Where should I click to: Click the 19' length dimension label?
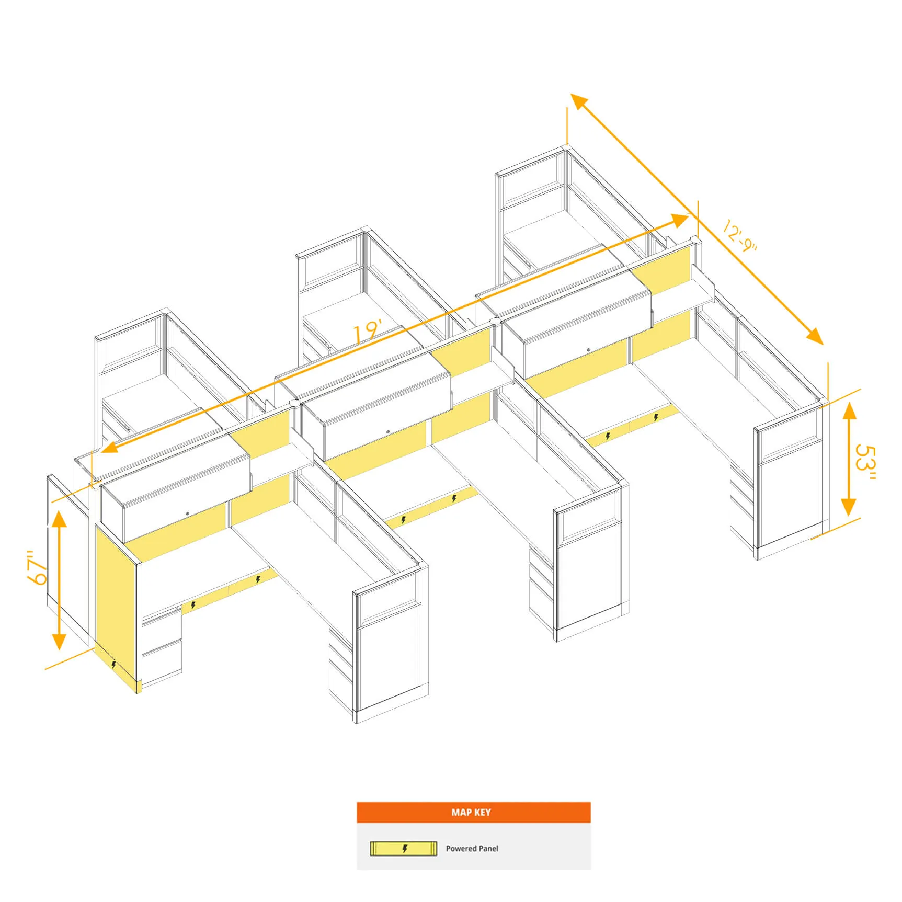tap(368, 332)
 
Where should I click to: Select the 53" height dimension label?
tap(865, 462)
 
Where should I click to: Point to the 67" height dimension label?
tap(38, 567)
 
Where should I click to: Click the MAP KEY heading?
tap(471, 812)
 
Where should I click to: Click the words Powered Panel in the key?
tap(472, 849)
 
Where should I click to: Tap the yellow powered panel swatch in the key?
tap(403, 849)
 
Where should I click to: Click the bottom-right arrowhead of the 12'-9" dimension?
tap(815, 336)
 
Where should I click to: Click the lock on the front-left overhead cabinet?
tap(187, 514)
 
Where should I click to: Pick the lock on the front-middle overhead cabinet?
tap(388, 432)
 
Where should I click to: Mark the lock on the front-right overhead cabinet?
tap(588, 349)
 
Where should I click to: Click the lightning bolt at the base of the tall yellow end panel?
tap(113, 665)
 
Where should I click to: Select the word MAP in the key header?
tap(461, 812)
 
